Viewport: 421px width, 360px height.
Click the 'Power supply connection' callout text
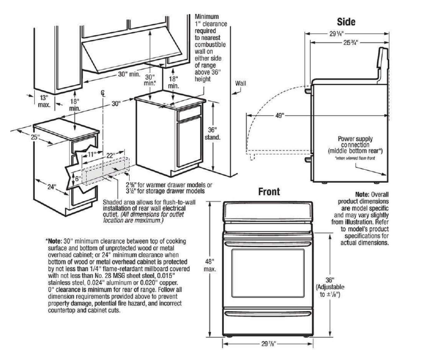coord(357,143)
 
